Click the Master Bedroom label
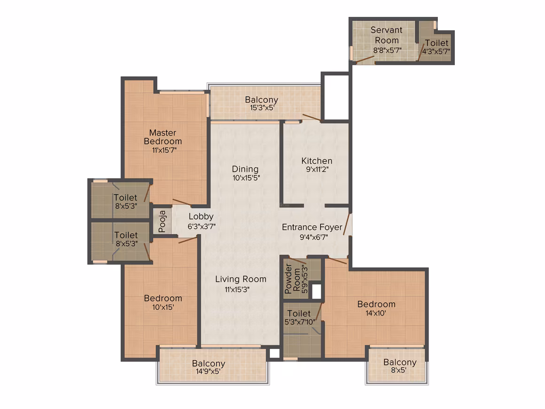(163, 137)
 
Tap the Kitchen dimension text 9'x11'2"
(317, 170)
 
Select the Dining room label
(245, 169)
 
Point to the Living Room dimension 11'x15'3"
(237, 290)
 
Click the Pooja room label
(162, 221)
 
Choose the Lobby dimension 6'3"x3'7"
(202, 227)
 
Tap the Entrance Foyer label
(312, 227)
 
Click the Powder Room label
(292, 278)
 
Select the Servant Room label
(387, 35)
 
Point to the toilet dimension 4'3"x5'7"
(436, 51)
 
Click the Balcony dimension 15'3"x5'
(262, 108)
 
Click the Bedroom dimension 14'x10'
(376, 313)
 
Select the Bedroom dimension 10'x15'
(163, 307)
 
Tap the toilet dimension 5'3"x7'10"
(300, 322)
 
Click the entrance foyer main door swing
(347, 224)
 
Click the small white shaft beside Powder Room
(316, 292)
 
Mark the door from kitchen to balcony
(311, 117)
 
